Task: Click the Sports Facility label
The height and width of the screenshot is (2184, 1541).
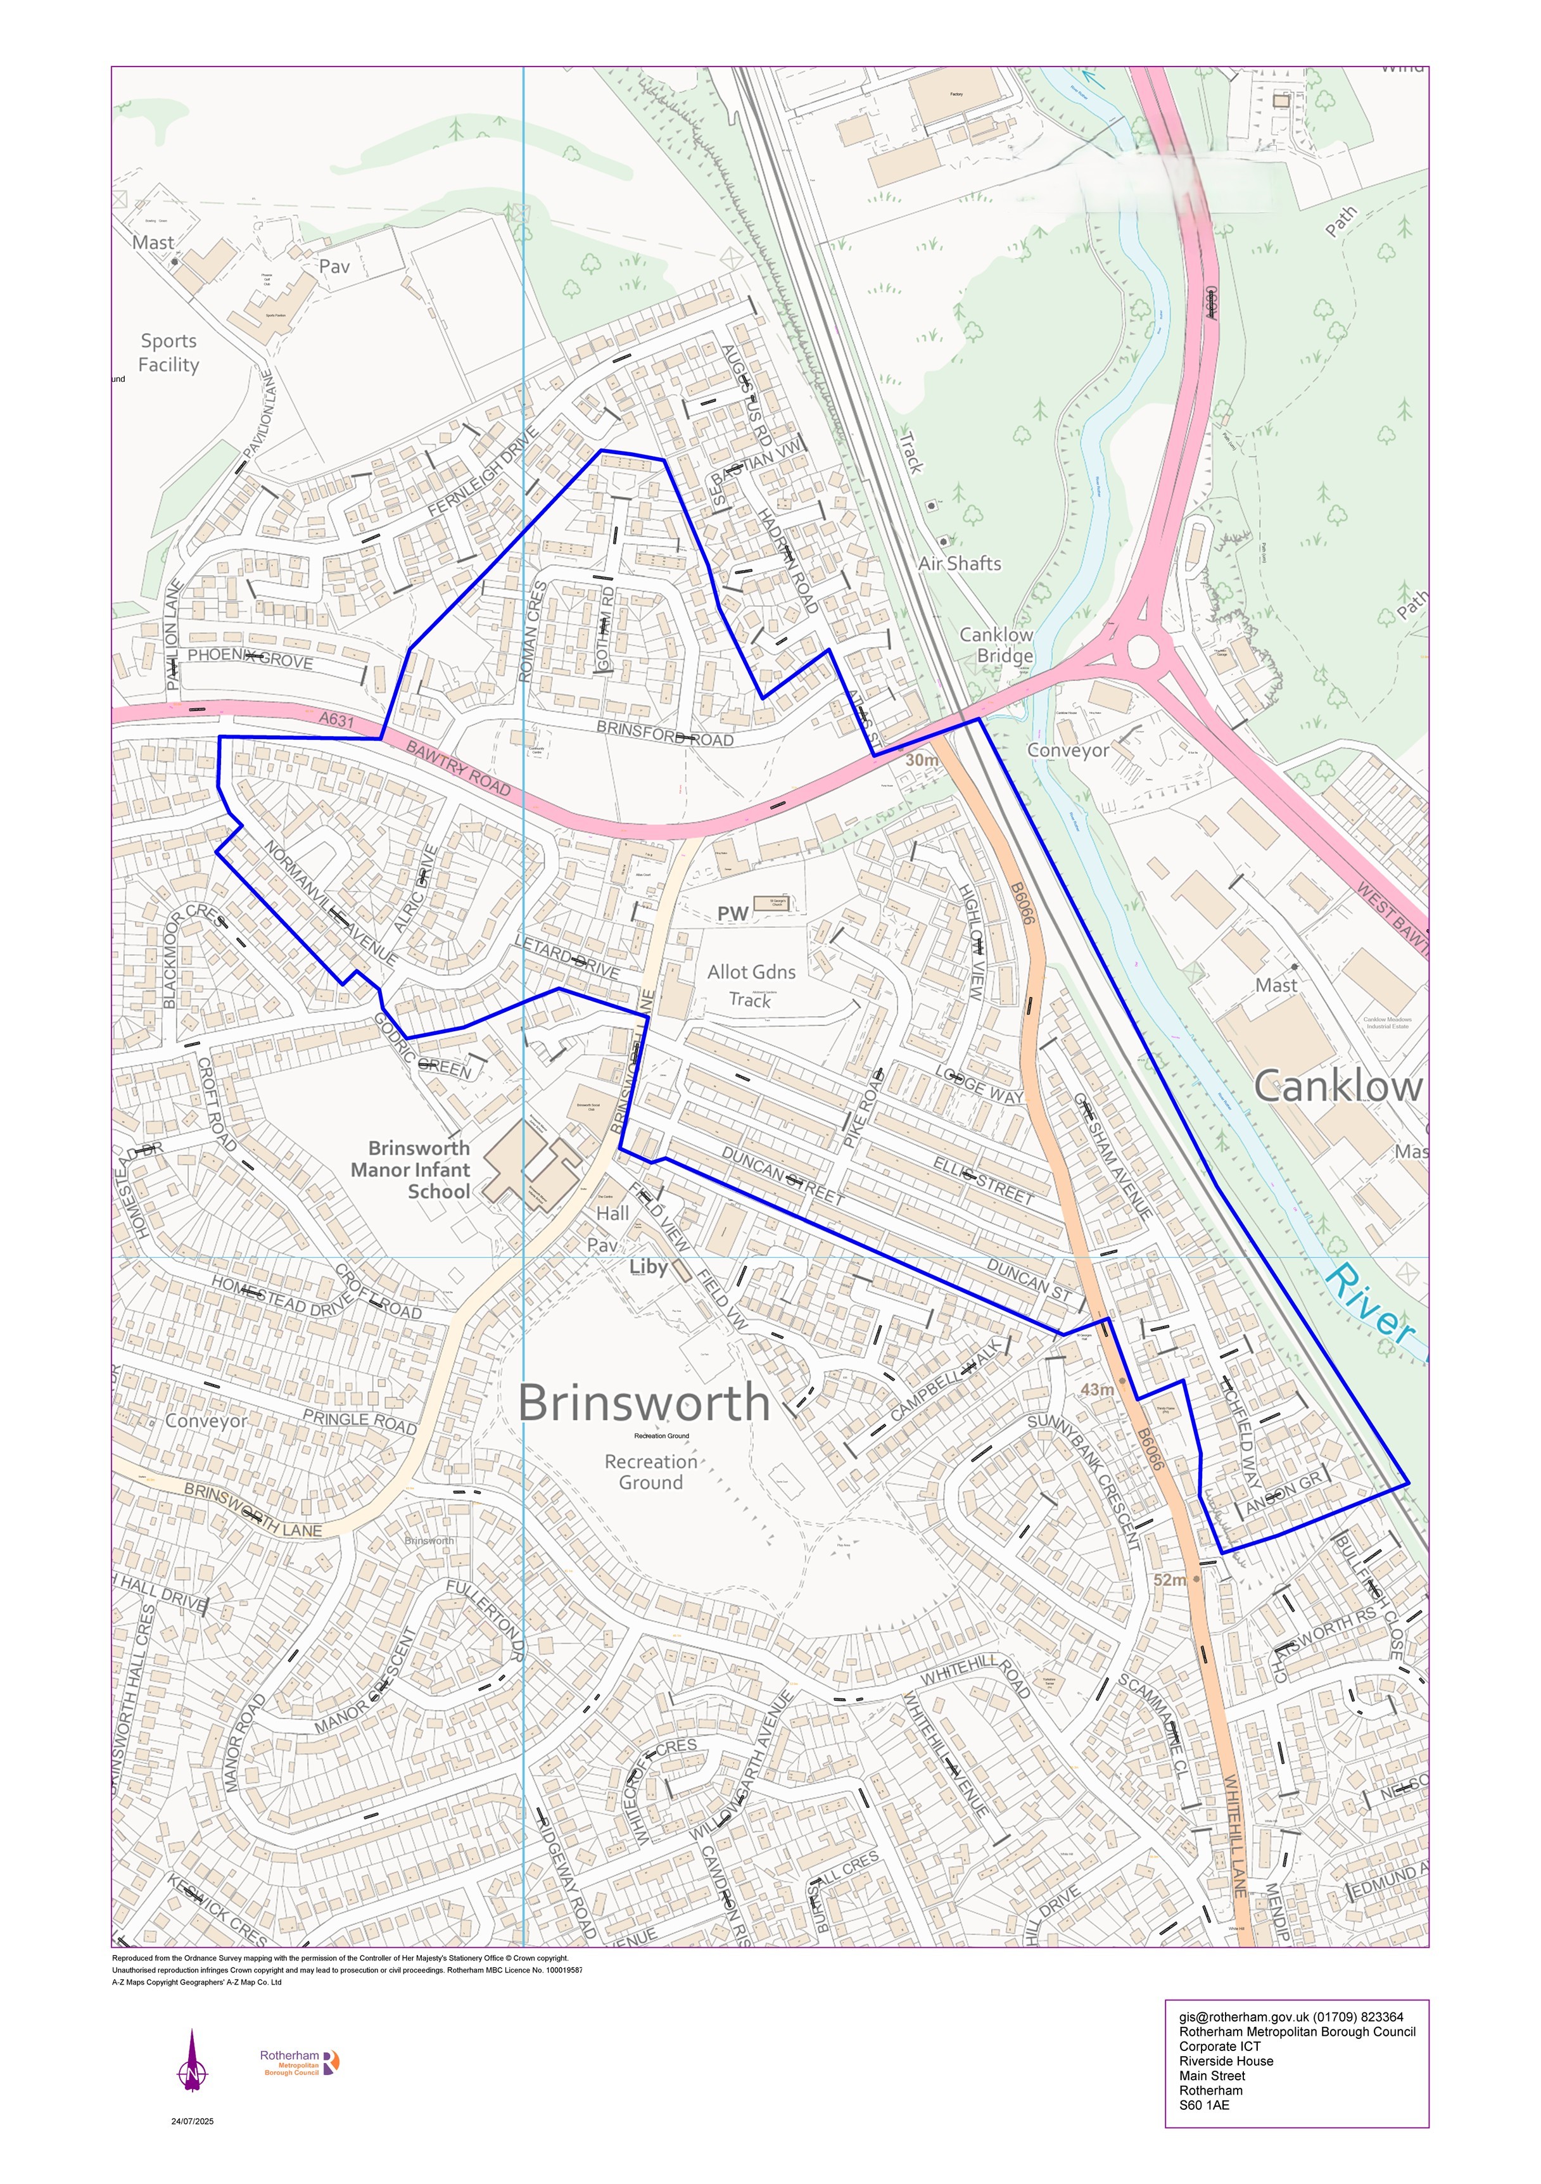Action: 168,353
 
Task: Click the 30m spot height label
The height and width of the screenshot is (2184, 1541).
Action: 921,760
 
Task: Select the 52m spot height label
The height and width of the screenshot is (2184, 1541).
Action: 1170,1580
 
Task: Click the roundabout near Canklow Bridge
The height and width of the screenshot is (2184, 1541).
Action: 1143,652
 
